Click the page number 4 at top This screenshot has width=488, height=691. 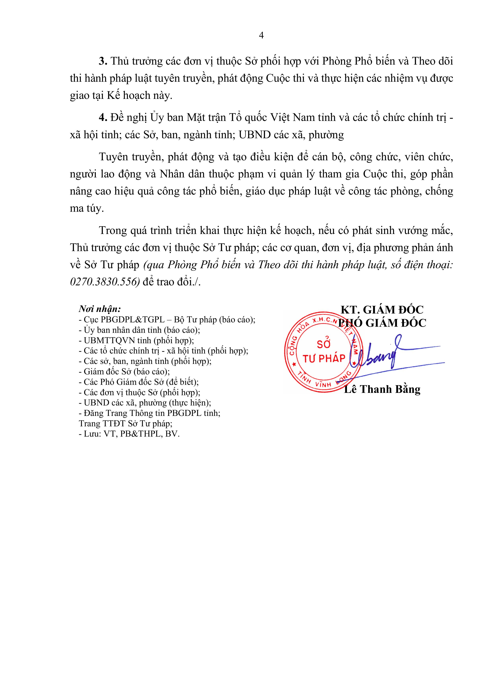261,35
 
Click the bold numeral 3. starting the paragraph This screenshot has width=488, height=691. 103,61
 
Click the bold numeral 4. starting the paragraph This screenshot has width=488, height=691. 103,118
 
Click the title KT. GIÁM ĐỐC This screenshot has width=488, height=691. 382,310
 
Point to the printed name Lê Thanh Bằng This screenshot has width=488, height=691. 382,389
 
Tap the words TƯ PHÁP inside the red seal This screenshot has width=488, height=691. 324,358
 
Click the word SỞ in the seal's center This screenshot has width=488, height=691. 324,343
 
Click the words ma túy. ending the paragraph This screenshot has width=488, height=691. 87,209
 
